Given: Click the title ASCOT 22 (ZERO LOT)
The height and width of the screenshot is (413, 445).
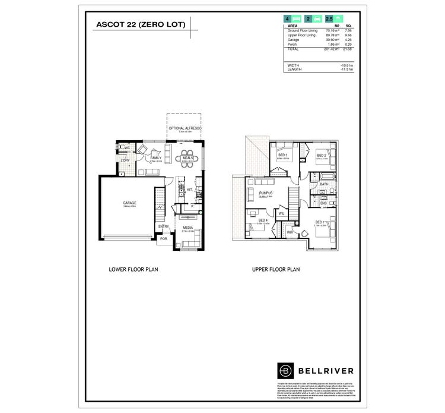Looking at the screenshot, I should click(x=141, y=24).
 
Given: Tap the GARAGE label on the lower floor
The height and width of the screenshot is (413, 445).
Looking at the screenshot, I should click(x=129, y=203).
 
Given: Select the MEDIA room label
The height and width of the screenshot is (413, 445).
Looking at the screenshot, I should click(x=187, y=228).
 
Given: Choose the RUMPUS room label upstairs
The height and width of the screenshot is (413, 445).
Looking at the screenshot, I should click(x=265, y=194).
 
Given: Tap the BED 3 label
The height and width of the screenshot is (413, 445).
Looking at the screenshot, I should click(x=282, y=155).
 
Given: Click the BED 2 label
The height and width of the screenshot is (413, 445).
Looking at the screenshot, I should click(x=321, y=156).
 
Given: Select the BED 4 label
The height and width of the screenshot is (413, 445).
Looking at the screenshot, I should click(x=262, y=220).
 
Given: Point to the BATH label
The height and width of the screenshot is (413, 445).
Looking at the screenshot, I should click(x=323, y=185).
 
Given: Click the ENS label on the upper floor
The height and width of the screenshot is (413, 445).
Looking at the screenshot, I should click(x=323, y=204).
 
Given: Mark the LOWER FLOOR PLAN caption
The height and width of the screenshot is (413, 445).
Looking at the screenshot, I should click(x=133, y=269).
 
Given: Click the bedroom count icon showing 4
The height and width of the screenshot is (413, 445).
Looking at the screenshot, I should click(x=288, y=20).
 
